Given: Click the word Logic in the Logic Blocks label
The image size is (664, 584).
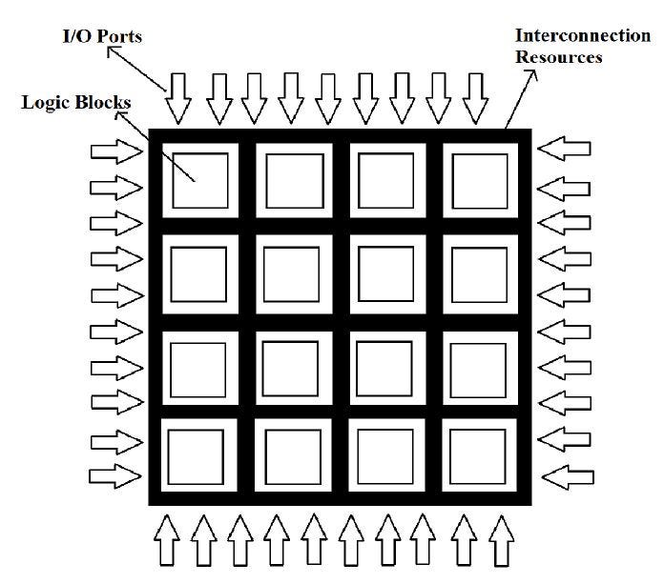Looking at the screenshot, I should pos(41,103).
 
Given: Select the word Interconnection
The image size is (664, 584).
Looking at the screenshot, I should pos(582,35).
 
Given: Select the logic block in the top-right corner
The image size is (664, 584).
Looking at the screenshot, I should pos(479,179).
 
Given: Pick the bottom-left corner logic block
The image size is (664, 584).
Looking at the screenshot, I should pos(196,458).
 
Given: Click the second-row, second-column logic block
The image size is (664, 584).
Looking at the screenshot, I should pos(292,272).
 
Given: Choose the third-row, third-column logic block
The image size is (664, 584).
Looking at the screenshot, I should pos(384,366).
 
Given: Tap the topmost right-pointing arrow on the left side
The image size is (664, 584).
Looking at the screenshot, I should pos(115,152).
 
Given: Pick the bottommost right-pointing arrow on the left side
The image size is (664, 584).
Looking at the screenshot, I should pos(115,473).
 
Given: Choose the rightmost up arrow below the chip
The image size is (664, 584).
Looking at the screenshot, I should pos(499,542).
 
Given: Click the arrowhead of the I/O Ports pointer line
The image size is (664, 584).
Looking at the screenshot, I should pos(112,52).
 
